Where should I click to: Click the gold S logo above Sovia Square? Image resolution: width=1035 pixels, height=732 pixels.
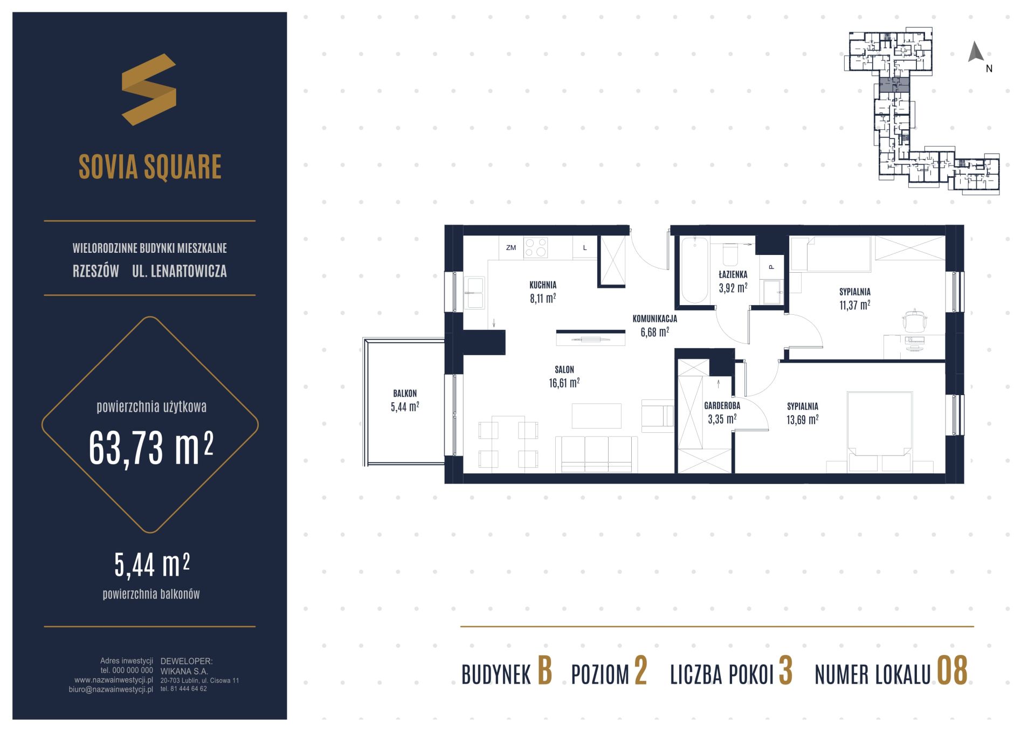coord(149,89)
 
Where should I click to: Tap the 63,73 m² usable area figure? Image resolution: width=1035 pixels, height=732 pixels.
coord(151,448)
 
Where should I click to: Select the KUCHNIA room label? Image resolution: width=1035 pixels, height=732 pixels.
coord(543,285)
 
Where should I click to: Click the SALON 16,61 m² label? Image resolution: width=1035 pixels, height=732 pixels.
coord(564,377)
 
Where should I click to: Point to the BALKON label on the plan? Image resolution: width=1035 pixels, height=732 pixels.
coord(405,393)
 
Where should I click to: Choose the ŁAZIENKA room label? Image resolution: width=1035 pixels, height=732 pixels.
coord(733,274)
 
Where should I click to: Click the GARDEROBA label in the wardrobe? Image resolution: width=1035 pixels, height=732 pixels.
coord(722,406)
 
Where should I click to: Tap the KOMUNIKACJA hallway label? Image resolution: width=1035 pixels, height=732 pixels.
coord(654,319)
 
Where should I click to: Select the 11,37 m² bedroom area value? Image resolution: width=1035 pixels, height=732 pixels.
coord(854,305)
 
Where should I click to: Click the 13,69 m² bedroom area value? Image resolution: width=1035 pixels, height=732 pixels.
coord(803,419)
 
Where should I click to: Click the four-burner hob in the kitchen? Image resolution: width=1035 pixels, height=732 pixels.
coord(536,247)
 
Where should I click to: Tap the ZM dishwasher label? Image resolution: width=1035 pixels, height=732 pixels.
coord(510,248)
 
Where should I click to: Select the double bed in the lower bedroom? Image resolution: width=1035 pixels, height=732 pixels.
coord(880,432)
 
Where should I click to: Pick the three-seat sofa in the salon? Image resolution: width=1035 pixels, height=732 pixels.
coord(596,454)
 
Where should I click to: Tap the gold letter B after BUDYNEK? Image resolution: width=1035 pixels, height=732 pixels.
coord(544,671)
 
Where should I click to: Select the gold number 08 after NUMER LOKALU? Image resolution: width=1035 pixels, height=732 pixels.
coord(953,671)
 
